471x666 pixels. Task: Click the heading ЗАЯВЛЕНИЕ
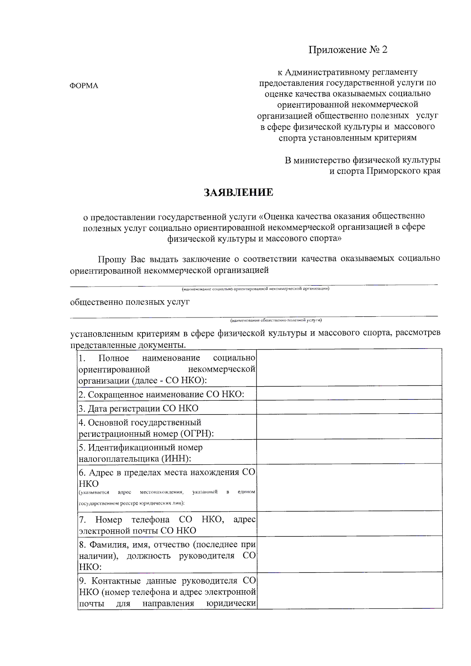(x=238, y=192)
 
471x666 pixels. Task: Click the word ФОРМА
(x=84, y=86)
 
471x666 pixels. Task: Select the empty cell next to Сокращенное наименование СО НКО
(x=349, y=393)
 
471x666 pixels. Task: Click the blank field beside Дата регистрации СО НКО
(x=349, y=407)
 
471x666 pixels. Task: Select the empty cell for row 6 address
(x=349, y=487)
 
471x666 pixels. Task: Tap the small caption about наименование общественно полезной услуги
(x=276, y=320)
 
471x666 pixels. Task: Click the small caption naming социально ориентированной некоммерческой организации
(x=255, y=289)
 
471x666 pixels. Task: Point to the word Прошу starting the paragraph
(x=112, y=259)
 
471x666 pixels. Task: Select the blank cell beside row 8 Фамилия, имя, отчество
(x=349, y=555)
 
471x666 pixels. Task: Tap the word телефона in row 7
(x=150, y=520)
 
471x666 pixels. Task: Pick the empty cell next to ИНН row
(x=349, y=451)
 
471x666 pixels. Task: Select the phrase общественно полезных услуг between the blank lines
(x=130, y=302)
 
